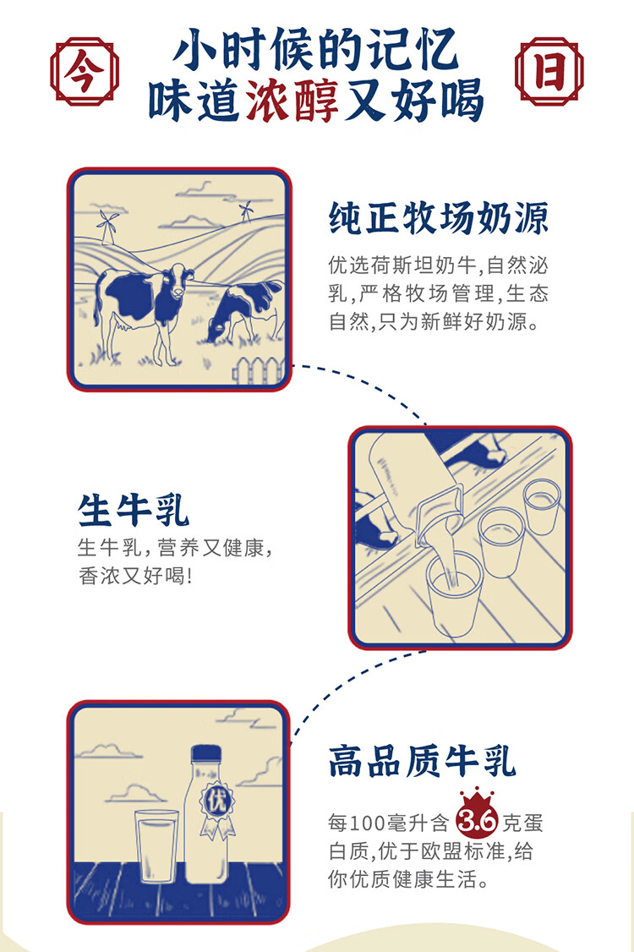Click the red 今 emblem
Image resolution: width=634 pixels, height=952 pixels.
[84, 72]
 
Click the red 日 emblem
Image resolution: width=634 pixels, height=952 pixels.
[549, 71]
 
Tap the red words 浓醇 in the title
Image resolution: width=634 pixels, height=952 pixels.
[292, 100]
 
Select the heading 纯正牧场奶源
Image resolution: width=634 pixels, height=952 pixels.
[439, 218]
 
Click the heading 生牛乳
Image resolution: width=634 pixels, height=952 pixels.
[134, 510]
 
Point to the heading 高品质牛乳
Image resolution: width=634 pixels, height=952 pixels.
[422, 762]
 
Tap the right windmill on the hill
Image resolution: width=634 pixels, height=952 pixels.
[246, 211]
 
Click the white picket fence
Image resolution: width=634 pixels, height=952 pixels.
[260, 371]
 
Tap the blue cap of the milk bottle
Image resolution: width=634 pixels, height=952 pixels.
[206, 754]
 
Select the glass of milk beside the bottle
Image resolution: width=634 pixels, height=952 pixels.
[156, 845]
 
